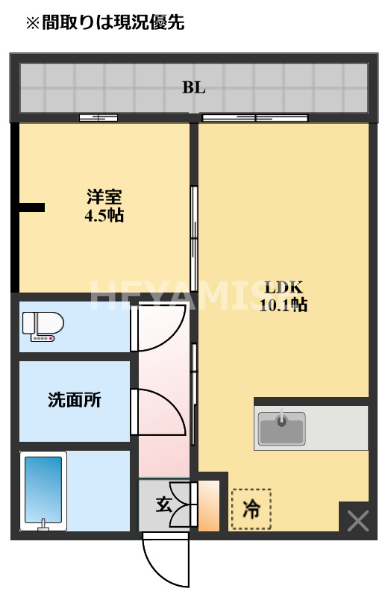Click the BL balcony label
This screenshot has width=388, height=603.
194,87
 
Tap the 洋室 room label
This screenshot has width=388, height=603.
104,198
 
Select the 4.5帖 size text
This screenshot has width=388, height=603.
104,216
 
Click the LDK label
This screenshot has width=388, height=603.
284,287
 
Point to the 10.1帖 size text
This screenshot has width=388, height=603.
284,304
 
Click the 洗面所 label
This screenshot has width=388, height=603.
75,400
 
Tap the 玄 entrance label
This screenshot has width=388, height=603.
163,504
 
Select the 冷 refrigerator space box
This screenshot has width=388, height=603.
251,509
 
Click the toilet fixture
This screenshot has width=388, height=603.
43,326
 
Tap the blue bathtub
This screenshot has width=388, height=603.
43,490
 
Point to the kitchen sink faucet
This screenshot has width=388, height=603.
281,417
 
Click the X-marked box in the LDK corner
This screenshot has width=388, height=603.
357,520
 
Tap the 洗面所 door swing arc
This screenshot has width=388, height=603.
158,412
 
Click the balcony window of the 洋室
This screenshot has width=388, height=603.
98,117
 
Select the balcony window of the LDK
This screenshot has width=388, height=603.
255,117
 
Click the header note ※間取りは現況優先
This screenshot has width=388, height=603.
105,23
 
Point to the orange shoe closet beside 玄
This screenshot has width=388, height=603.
209,506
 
